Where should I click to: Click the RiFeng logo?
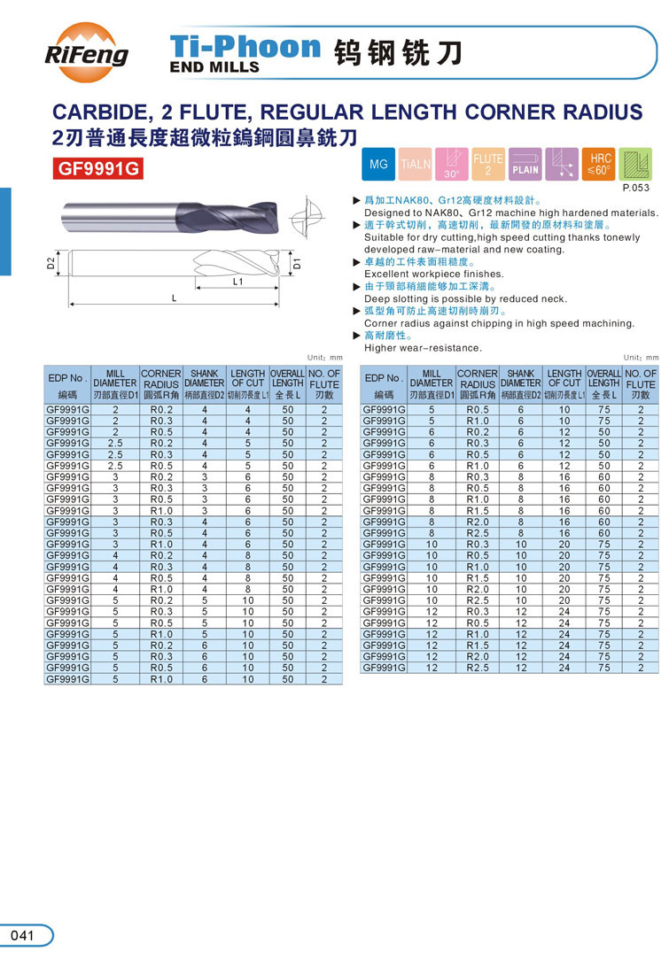(87, 49)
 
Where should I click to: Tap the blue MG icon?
(378, 165)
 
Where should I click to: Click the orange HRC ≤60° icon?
(599, 165)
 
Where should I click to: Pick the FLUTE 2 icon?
(488, 165)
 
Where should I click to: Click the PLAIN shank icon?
(525, 165)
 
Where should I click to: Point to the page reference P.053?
(636, 188)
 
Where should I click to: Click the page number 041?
(23, 936)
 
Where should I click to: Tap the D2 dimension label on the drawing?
(51, 263)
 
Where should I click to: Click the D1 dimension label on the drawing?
(298, 262)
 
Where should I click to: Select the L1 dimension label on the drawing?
(237, 282)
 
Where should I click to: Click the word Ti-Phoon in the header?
(245, 46)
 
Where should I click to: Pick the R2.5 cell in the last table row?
(478, 668)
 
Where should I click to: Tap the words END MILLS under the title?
(214, 67)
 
